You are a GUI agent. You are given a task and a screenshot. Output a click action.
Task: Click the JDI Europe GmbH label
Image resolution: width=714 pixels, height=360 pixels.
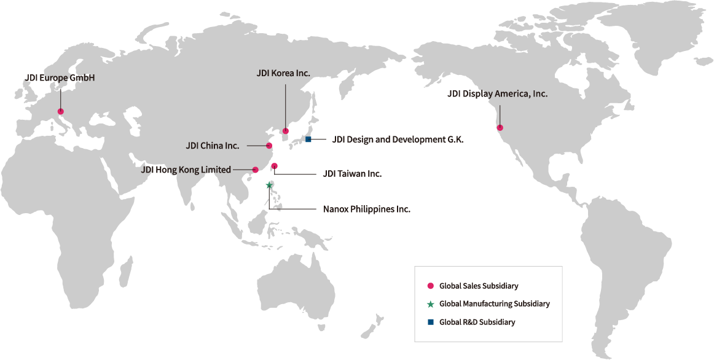click(x=60, y=79)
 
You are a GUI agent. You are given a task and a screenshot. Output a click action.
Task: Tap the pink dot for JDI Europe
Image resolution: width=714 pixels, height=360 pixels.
click(x=60, y=111)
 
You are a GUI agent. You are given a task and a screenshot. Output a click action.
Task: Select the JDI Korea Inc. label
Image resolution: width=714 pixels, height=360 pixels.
click(x=283, y=73)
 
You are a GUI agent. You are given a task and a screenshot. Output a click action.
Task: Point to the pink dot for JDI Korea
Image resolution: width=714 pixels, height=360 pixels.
click(x=286, y=131)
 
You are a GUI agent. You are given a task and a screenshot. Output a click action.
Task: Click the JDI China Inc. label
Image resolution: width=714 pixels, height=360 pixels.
click(x=213, y=146)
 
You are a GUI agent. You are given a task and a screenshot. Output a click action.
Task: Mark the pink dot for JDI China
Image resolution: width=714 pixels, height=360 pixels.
click(x=269, y=146)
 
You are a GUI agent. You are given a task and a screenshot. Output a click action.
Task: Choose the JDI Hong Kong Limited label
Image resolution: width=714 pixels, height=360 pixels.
click(x=186, y=170)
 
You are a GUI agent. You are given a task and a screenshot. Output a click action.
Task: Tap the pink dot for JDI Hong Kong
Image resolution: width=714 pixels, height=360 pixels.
click(x=256, y=170)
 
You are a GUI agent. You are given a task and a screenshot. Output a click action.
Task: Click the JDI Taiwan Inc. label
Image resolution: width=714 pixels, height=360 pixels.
click(x=352, y=174)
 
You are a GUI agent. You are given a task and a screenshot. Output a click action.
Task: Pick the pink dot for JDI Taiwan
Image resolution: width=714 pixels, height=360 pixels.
click(x=275, y=166)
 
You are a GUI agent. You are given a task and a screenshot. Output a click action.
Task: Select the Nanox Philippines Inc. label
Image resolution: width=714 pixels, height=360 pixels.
click(x=366, y=209)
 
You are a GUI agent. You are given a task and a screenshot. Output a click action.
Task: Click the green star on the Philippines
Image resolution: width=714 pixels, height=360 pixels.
click(x=269, y=184)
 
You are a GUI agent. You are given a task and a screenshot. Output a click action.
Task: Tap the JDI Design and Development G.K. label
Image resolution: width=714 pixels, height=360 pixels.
click(x=398, y=139)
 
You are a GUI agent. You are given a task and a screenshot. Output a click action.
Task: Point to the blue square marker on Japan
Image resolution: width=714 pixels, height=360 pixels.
click(x=308, y=140)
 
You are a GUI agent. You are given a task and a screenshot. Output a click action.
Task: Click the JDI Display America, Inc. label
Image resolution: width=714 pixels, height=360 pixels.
click(x=497, y=94)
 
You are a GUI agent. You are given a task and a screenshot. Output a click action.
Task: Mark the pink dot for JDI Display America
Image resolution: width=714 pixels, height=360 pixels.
click(x=500, y=128)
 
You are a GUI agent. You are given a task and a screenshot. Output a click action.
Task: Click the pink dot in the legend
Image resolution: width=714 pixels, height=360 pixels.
click(x=430, y=286)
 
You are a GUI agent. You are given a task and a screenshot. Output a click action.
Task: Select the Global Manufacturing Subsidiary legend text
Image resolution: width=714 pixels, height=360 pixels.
click(x=494, y=304)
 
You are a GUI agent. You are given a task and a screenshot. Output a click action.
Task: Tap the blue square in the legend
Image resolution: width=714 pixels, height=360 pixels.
click(x=430, y=322)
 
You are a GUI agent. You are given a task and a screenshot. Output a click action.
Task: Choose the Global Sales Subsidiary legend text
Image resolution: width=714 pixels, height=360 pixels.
click(x=479, y=286)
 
